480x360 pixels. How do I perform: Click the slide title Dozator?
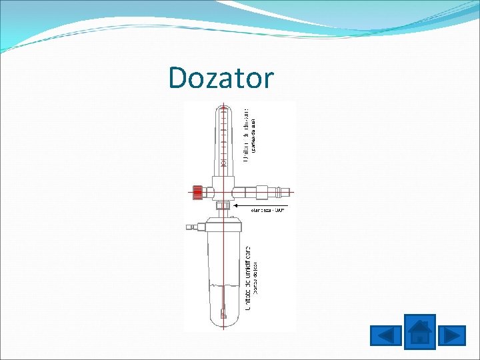pos(221,78)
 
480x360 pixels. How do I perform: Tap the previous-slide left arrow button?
pos(385,335)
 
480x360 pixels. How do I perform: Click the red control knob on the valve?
pos(197,192)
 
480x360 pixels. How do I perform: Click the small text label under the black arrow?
pos(267,211)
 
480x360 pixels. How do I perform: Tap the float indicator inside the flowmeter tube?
pos(224,163)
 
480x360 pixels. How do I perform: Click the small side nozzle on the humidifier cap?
pos(191,227)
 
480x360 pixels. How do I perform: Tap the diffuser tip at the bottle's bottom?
pos(224,313)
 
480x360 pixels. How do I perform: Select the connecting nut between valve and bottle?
pos(223,206)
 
